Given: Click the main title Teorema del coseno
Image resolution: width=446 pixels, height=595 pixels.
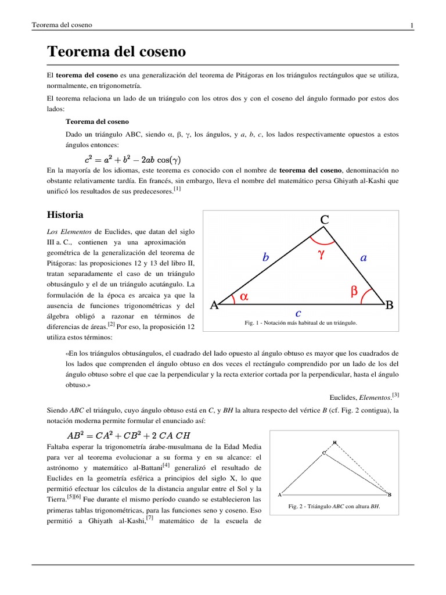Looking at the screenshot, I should pyautogui.click(x=116, y=52).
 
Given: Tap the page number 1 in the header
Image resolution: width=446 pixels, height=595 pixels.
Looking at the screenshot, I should pyautogui.click(x=412, y=25).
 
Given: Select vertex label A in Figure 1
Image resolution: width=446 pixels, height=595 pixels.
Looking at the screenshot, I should pyautogui.click(x=213, y=305).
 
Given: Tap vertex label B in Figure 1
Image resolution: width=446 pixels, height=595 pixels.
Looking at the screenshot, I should pyautogui.click(x=390, y=304).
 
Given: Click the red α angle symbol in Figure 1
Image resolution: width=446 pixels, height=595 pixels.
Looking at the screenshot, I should pyautogui.click(x=244, y=296).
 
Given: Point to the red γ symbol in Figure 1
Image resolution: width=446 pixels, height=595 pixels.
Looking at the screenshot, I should pyautogui.click(x=320, y=253).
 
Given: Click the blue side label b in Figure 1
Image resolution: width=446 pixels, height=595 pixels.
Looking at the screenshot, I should pyautogui.click(x=265, y=257).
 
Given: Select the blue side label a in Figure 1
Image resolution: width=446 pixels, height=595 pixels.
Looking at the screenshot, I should pyautogui.click(x=364, y=257).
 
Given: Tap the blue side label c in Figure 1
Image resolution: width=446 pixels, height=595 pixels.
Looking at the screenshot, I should pyautogui.click(x=298, y=313).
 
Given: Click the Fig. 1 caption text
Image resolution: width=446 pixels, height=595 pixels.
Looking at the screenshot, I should pyautogui.click(x=301, y=322).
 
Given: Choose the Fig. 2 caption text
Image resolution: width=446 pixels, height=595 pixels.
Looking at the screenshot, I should pyautogui.click(x=334, y=507).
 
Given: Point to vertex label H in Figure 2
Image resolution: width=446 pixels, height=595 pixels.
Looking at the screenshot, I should pyautogui.click(x=334, y=442).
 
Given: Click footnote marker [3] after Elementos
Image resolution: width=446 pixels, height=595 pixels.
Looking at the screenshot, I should pyautogui.click(x=395, y=395).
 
